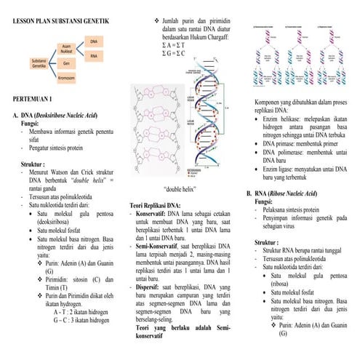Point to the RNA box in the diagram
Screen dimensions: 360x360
coord(95,55)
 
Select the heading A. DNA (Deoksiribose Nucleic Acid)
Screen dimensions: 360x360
coord(61,115)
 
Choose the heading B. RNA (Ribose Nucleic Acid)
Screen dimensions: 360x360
coord(286,193)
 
